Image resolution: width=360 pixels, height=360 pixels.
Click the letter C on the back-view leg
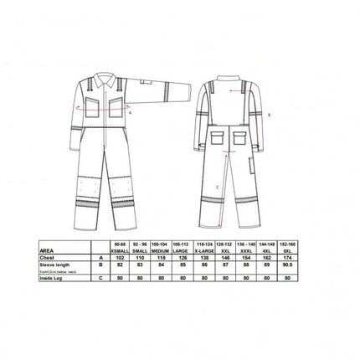pyautogui.click(x=217, y=187)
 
